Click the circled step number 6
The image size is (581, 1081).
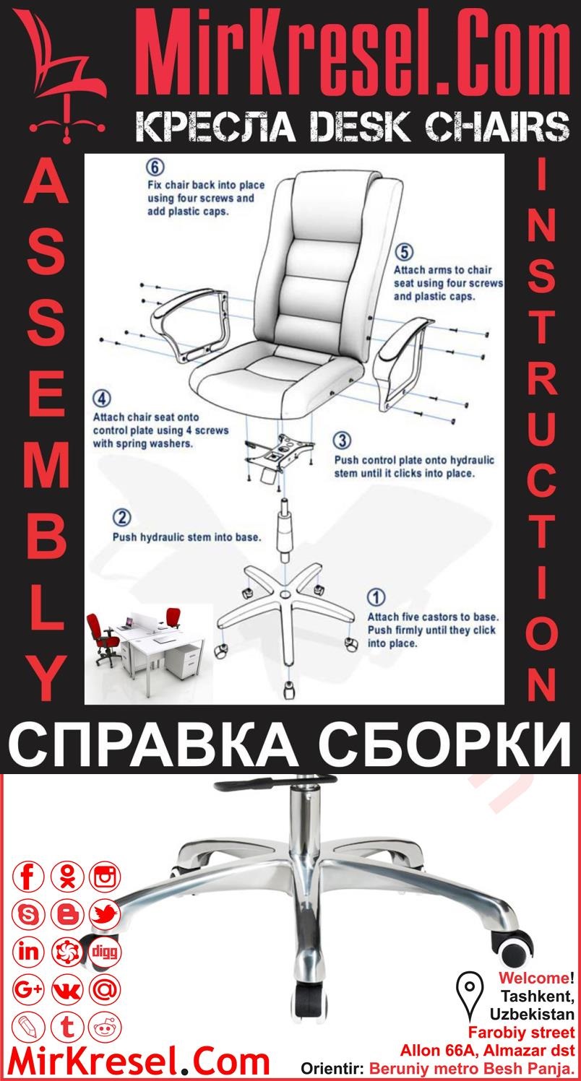153,167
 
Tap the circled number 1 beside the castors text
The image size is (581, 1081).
376,597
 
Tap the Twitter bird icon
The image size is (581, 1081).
105,915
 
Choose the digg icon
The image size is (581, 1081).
105,951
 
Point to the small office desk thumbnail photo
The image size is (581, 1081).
141,645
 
